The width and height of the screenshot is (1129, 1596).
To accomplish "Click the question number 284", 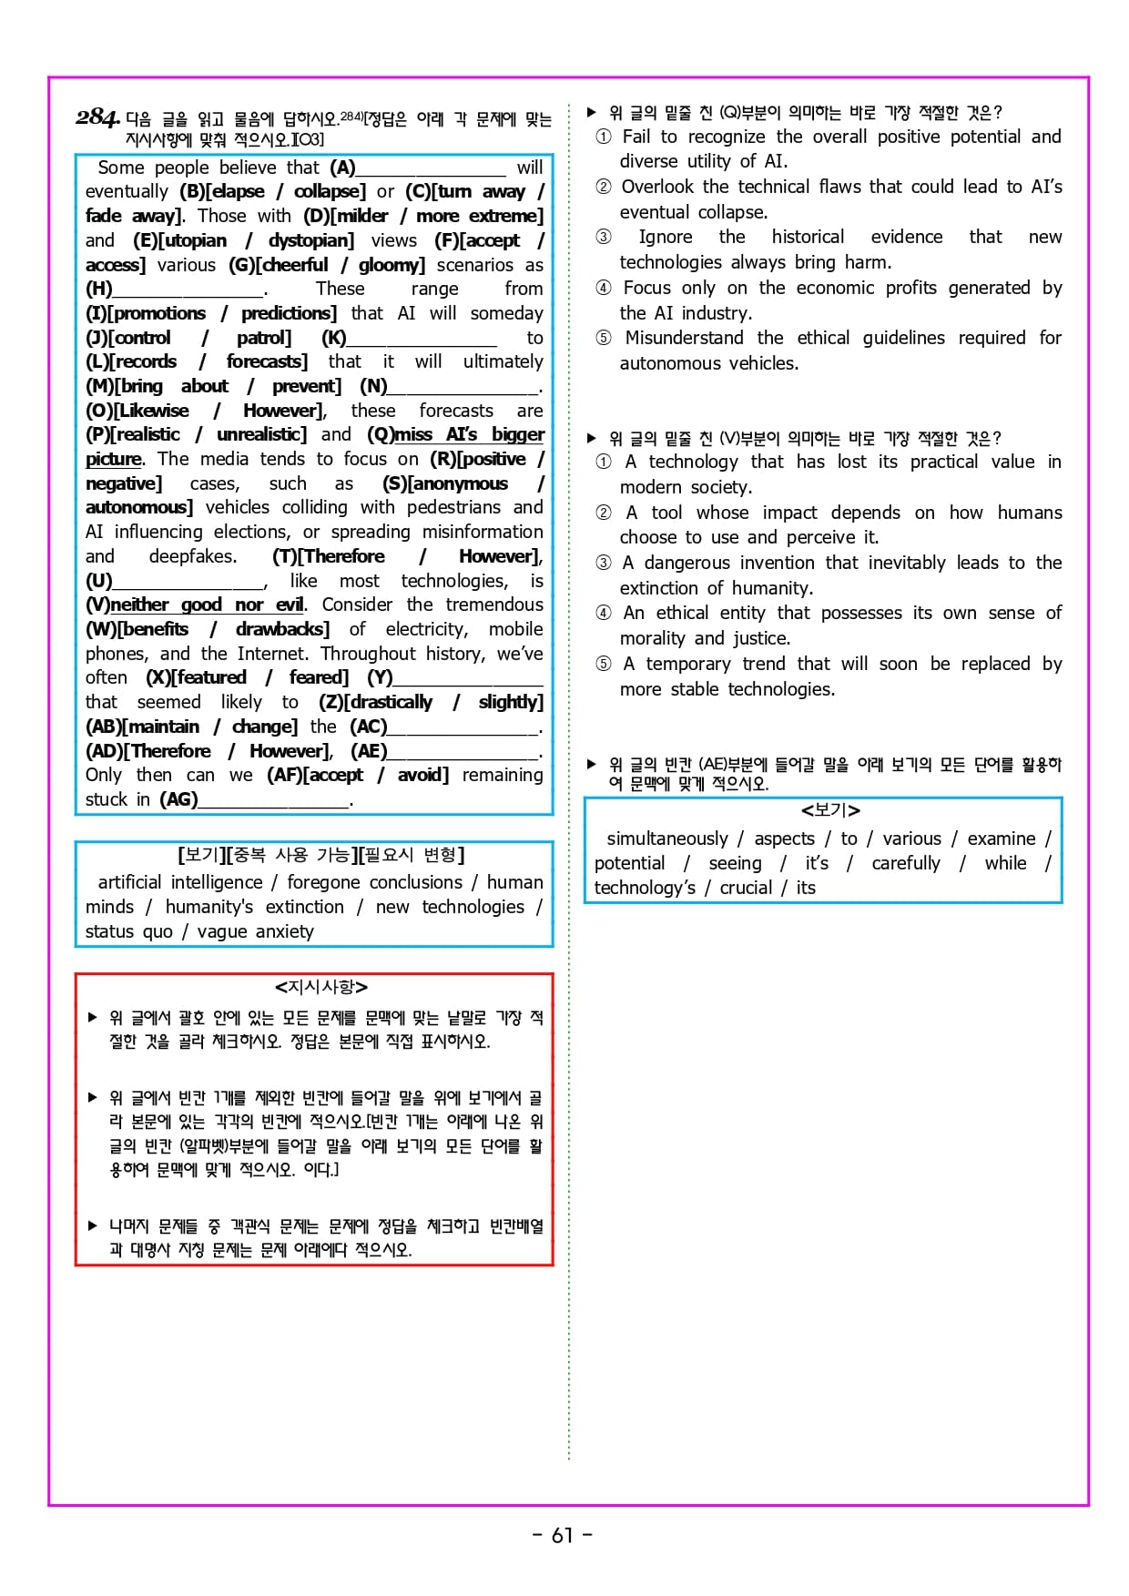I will pos(97,117).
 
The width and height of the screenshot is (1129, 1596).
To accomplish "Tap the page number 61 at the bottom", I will pos(563,1535).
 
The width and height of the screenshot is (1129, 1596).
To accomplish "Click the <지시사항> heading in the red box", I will pos(321,987).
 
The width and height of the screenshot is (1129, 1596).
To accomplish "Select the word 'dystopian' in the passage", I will pos(310,240).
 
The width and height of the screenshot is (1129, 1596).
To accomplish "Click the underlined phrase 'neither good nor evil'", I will pos(208,605).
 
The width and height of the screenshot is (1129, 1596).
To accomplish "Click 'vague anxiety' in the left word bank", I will pos(255,931).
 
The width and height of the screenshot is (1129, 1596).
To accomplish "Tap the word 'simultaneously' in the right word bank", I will pos(667,839).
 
